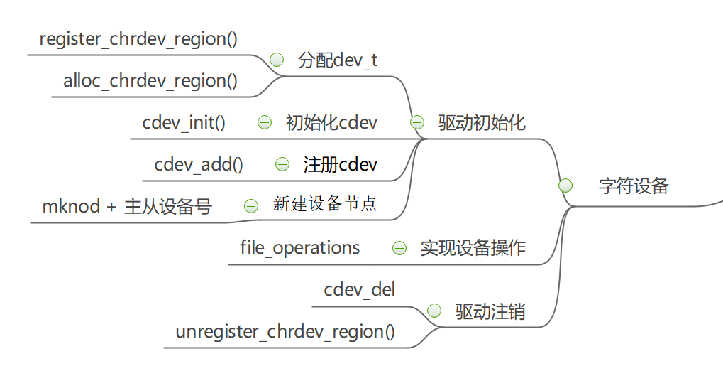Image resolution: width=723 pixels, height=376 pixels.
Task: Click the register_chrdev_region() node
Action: click(138, 38)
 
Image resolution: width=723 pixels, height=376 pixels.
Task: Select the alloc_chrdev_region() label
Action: click(150, 80)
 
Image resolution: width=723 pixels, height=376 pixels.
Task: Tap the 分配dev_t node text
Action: click(338, 60)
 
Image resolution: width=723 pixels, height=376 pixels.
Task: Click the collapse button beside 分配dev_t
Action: click(277, 60)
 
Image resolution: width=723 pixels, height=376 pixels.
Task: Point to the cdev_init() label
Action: click(184, 122)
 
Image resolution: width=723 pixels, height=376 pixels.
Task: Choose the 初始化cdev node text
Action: click(331, 122)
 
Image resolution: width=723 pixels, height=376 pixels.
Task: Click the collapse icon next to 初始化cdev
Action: click(264, 122)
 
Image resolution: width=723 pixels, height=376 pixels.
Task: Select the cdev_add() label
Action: click(199, 164)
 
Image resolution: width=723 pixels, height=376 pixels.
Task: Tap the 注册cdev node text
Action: click(341, 164)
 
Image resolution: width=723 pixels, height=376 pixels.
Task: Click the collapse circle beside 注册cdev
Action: click(282, 164)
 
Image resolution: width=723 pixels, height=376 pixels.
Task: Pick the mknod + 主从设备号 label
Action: click(127, 206)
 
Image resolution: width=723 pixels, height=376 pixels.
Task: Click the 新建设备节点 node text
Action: click(325, 205)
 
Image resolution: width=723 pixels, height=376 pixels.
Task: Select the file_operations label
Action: click(300, 247)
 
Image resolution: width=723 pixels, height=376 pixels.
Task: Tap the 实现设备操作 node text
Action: click(473, 247)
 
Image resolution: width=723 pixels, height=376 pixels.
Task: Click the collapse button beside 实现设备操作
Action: click(399, 248)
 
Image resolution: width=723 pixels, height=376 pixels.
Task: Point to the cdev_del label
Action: click(360, 289)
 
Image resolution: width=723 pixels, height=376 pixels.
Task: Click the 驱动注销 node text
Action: click(490, 311)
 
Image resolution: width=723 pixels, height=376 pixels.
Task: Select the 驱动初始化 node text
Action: click(482, 122)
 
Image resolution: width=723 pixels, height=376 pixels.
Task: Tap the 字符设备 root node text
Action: click(634, 186)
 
